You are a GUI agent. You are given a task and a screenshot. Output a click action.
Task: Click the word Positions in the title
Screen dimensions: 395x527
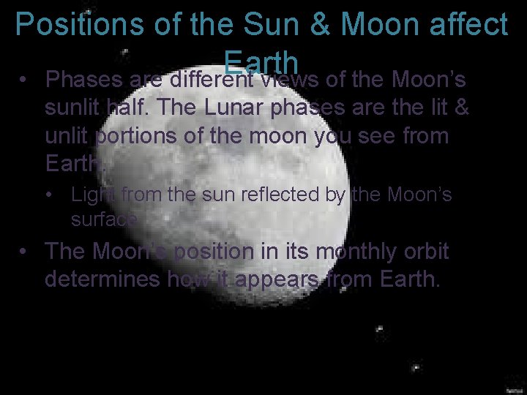coord(70,26)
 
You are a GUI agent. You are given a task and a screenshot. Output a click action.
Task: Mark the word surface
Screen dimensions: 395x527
coord(104,219)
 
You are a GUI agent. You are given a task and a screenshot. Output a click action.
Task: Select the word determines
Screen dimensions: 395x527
coord(102,279)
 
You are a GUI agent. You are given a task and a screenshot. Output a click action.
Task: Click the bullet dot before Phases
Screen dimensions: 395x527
coord(25,79)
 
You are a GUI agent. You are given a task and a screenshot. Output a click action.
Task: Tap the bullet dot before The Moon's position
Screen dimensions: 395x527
coord(25,252)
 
